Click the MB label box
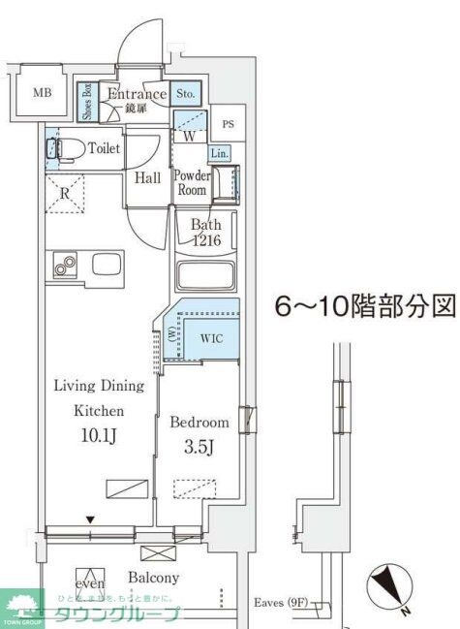(42, 93)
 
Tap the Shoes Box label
(86, 102)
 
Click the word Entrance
(137, 94)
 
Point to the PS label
(228, 124)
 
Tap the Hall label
(147, 177)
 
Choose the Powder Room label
(191, 182)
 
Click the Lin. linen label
(219, 153)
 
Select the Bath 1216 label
(206, 234)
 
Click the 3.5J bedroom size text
(198, 448)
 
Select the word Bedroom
(199, 423)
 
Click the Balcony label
(153, 578)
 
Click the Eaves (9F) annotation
(283, 603)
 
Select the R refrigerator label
(64, 192)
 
